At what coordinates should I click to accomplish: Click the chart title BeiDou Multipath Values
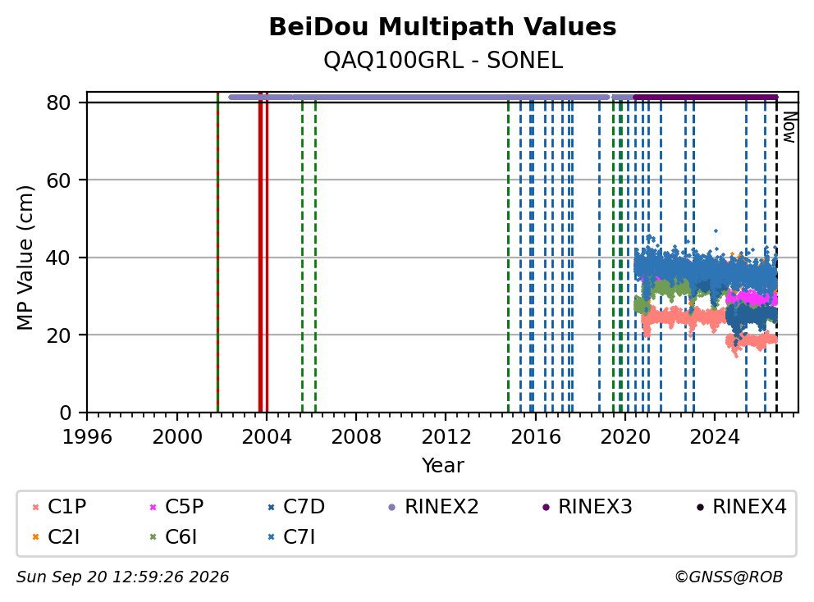pyautogui.click(x=442, y=27)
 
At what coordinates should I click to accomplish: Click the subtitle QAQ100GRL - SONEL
pyautogui.click(x=443, y=61)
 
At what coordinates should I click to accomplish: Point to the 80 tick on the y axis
pyautogui.click(x=58, y=103)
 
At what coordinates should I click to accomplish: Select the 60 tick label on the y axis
pyautogui.click(x=58, y=180)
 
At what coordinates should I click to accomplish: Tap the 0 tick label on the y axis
pyautogui.click(x=65, y=413)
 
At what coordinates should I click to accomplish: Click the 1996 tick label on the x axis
pyautogui.click(x=87, y=437)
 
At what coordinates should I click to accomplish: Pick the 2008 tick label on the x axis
pyautogui.click(x=356, y=437)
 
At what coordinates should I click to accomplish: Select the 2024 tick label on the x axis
pyautogui.click(x=715, y=437)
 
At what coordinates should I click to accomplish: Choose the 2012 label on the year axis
pyautogui.click(x=446, y=437)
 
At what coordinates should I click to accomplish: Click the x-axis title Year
pyautogui.click(x=443, y=466)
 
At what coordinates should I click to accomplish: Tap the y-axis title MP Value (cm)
pyautogui.click(x=25, y=258)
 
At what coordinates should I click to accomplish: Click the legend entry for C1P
pyautogui.click(x=58, y=507)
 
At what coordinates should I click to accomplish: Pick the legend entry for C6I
pyautogui.click(x=173, y=537)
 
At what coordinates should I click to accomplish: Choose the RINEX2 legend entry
pyautogui.click(x=433, y=507)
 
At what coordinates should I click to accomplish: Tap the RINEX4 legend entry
pyautogui.click(x=741, y=507)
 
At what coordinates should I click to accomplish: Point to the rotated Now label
pyautogui.click(x=789, y=127)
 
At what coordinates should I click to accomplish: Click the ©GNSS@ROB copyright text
pyautogui.click(x=729, y=577)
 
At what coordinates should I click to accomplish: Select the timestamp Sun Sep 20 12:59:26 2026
pyautogui.click(x=122, y=577)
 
